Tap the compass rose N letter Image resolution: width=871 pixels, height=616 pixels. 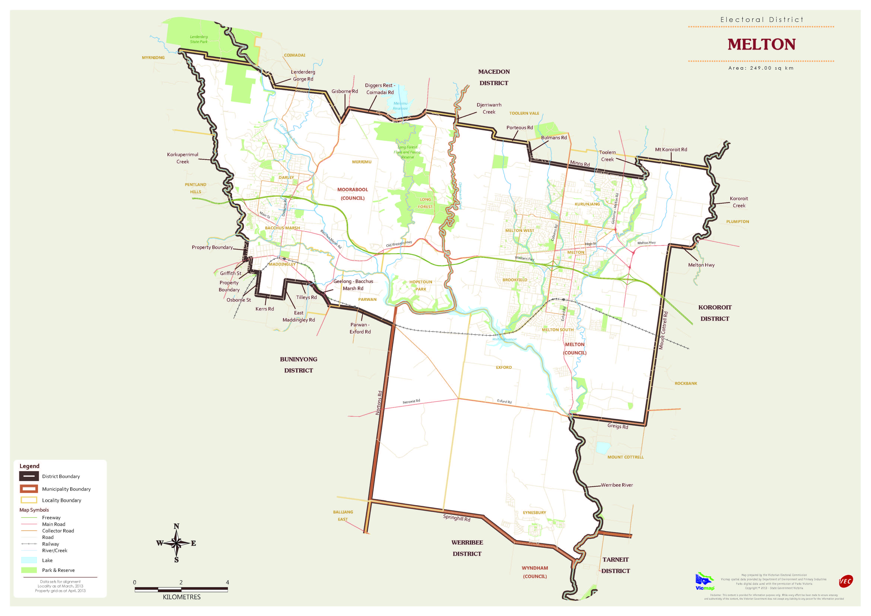tap(176, 526)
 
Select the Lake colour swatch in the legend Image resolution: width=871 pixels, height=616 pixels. tap(29, 560)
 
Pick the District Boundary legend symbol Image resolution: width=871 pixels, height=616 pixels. tap(29, 476)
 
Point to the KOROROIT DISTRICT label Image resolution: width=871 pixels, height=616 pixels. tap(715, 313)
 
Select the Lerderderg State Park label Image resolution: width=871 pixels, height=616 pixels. tap(199, 39)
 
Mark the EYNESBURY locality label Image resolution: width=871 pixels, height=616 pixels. tap(534, 512)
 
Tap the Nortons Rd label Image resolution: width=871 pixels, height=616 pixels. tap(379, 403)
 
